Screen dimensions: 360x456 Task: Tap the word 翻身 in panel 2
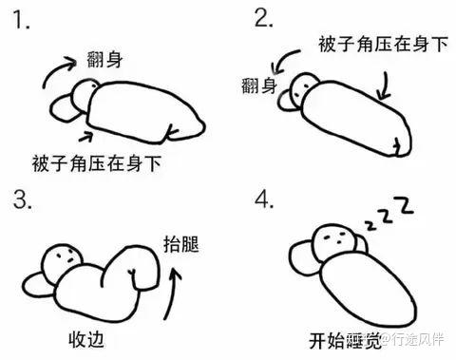(258, 88)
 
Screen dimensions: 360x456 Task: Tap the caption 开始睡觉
(343, 338)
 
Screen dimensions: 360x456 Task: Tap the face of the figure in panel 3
(64, 257)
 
